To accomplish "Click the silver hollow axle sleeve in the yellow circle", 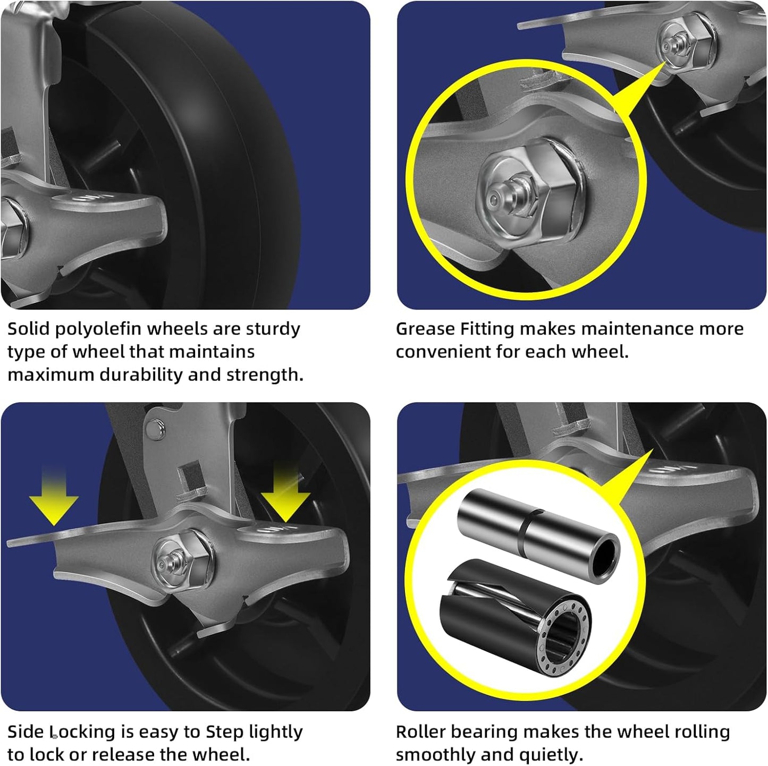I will tap(537, 534).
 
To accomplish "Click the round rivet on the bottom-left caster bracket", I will tap(155, 428).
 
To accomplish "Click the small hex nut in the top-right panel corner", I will tap(686, 40).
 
